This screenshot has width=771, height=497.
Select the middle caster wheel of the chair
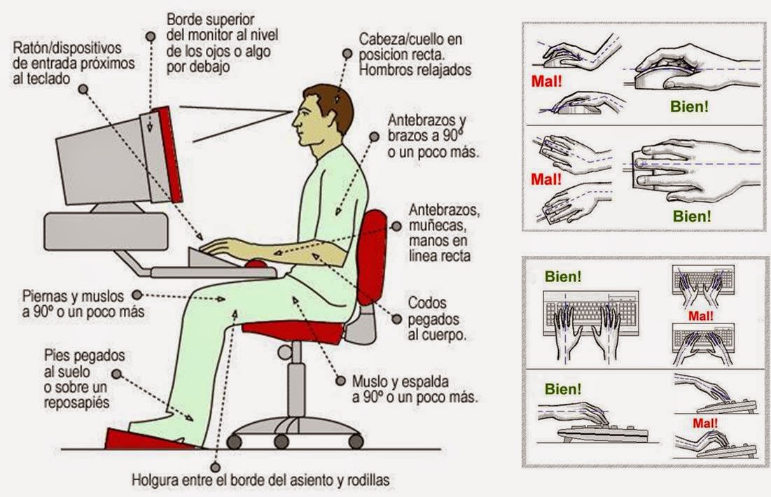282,441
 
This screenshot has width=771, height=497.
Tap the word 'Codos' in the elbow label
427,302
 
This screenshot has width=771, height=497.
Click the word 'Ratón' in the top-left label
32,48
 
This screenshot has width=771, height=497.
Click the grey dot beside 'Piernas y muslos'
136,295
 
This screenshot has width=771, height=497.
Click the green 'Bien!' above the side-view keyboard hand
563,388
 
